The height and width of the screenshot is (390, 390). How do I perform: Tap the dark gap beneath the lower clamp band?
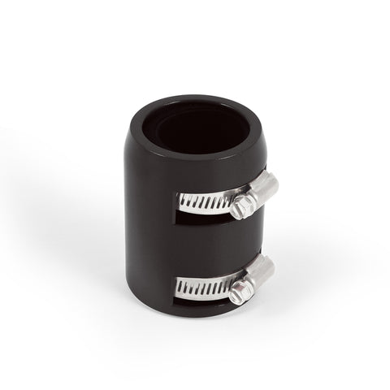pos(195,299)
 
